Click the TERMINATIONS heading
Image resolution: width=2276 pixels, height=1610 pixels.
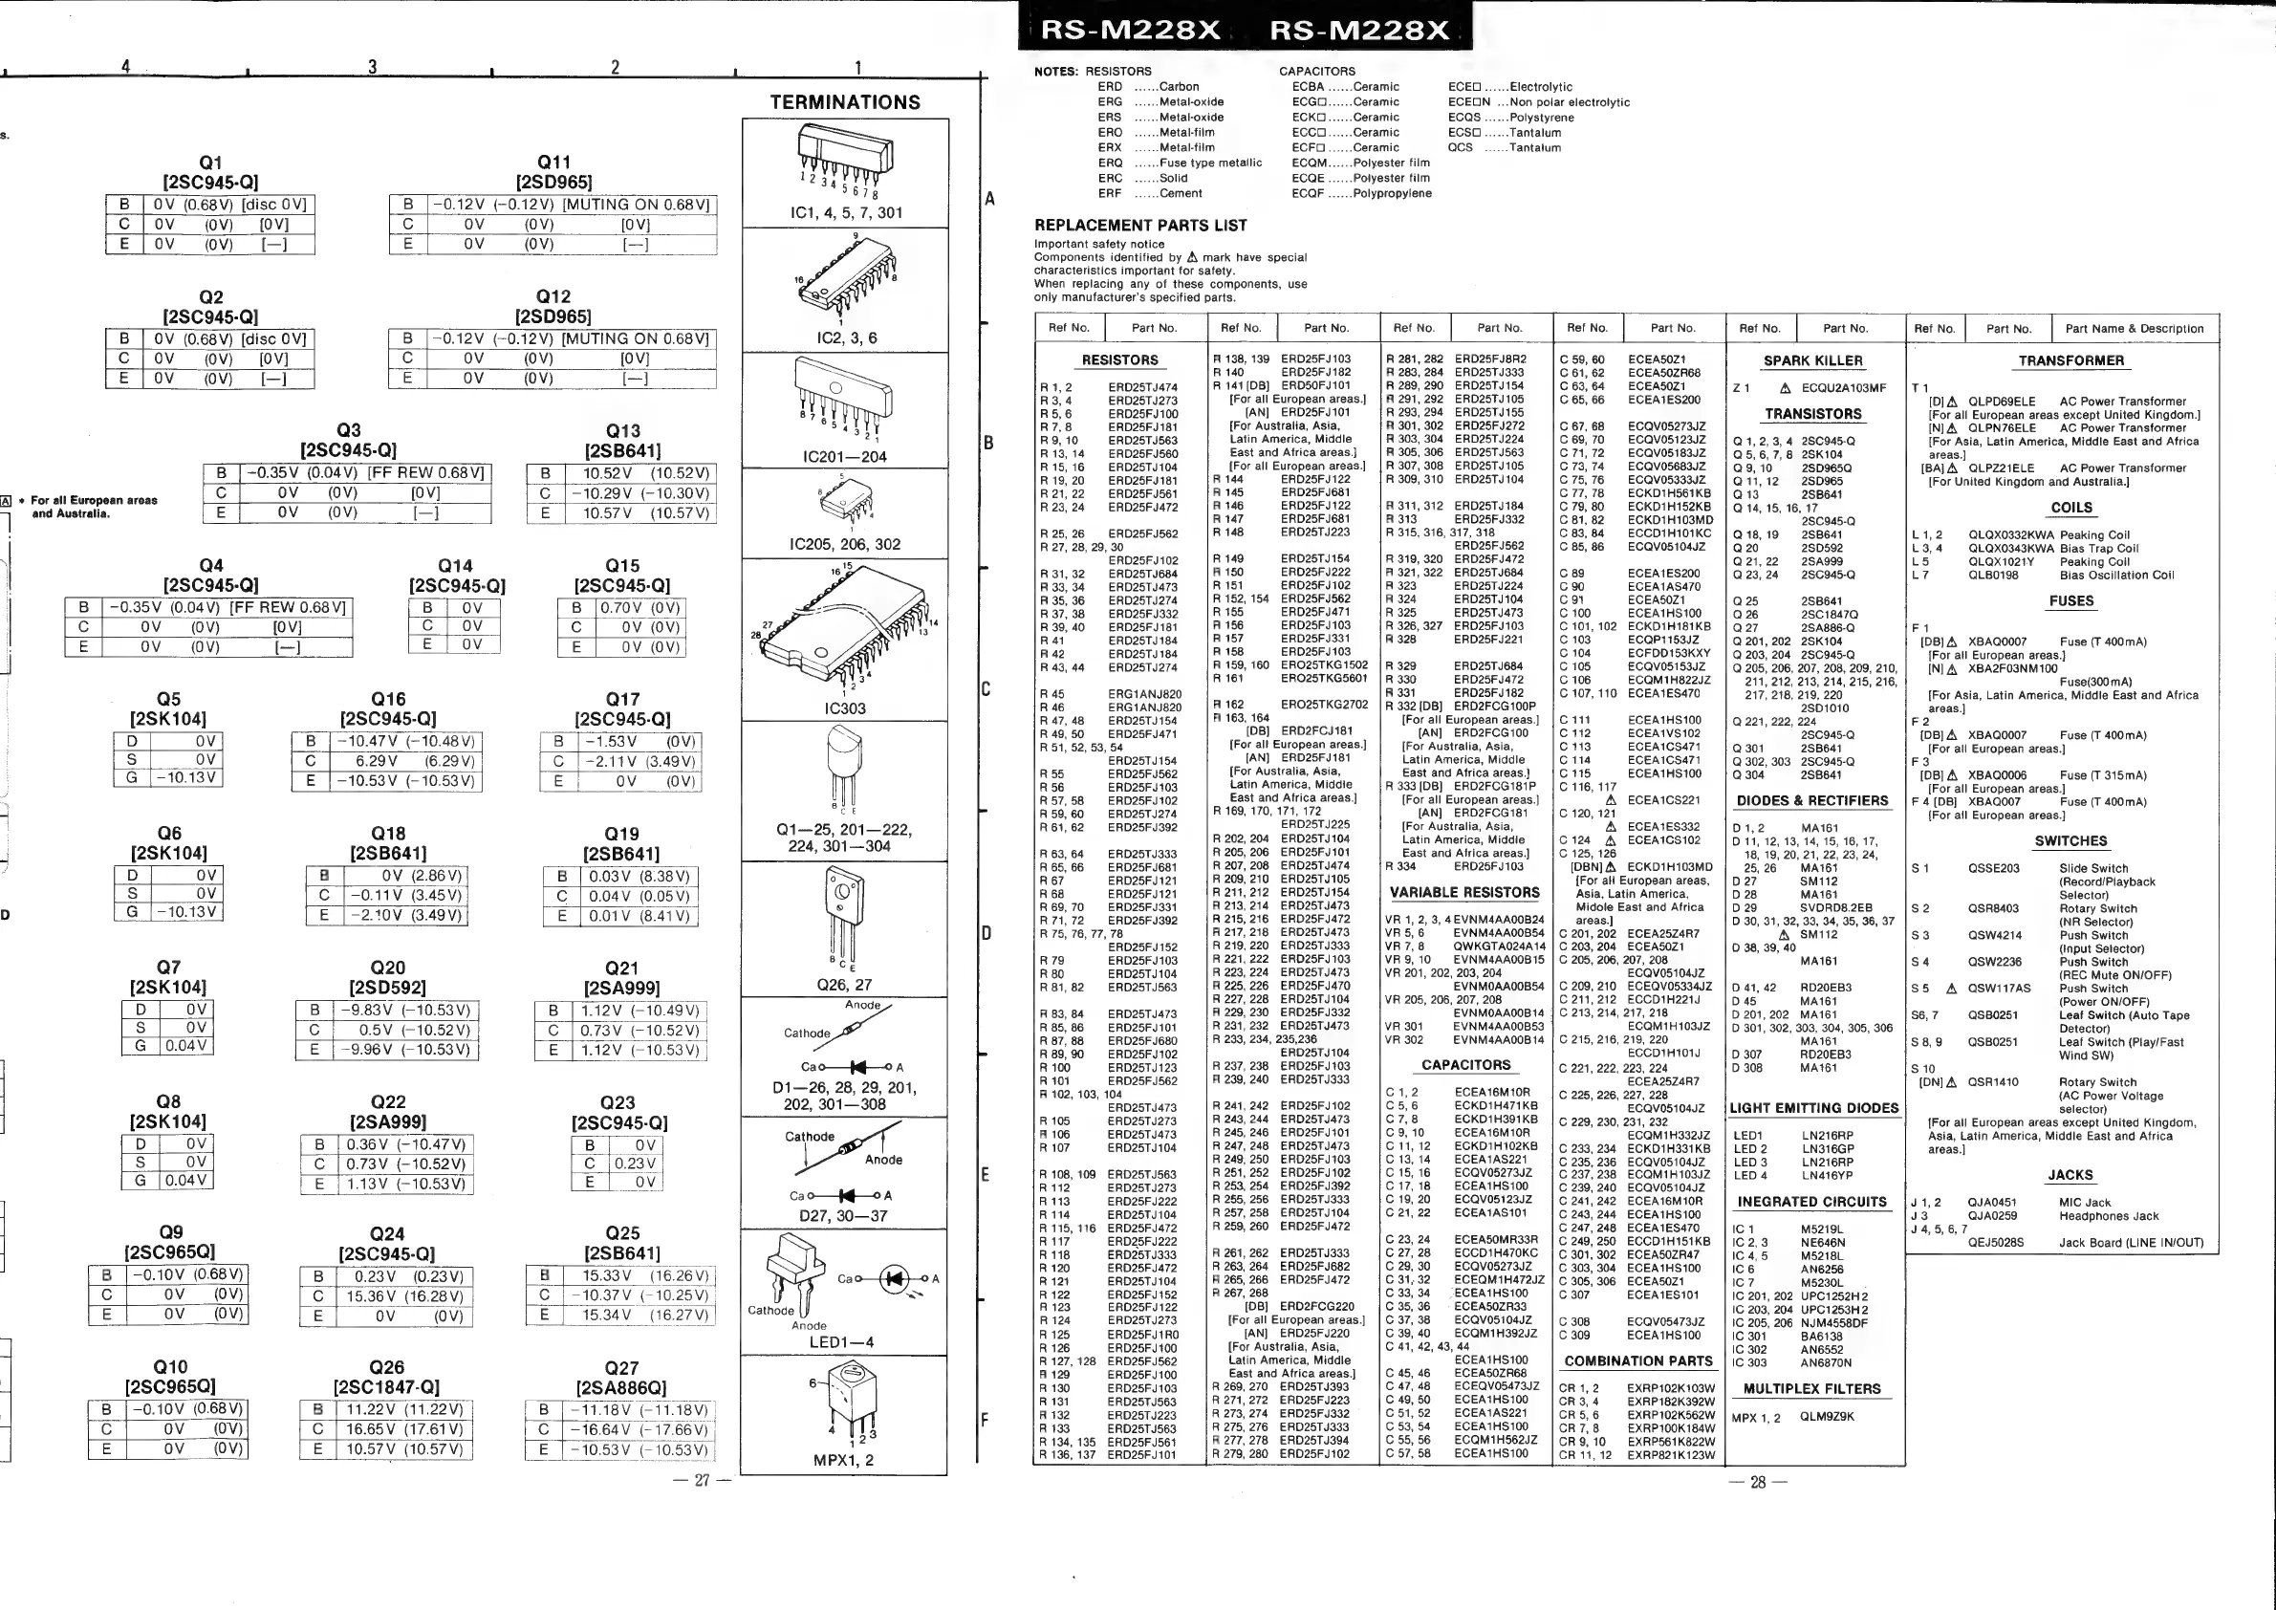[845, 102]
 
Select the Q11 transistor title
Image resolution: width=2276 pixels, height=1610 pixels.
[553, 162]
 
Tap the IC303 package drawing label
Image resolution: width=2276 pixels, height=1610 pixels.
[845, 707]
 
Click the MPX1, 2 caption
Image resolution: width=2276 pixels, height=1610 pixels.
[844, 1459]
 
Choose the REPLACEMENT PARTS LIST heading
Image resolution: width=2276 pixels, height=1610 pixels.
[1140, 226]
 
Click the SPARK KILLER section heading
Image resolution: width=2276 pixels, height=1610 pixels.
[1812, 360]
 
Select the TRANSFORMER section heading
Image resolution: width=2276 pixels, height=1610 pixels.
[2070, 360]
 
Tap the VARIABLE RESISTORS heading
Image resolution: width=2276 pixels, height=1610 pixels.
[1464, 892]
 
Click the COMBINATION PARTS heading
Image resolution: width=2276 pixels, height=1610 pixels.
[1637, 1361]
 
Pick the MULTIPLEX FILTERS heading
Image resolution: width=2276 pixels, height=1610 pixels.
[1812, 1389]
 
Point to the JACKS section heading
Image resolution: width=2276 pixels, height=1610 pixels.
[2070, 1175]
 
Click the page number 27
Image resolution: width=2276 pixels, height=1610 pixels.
[702, 1481]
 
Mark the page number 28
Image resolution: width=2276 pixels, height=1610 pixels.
[1758, 1482]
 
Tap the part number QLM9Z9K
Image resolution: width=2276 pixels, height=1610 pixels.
[1827, 1417]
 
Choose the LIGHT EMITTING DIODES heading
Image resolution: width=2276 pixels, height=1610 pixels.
[1814, 1108]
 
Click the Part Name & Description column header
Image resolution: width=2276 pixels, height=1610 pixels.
[2135, 328]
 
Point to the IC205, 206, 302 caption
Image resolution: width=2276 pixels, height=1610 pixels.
[845, 544]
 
